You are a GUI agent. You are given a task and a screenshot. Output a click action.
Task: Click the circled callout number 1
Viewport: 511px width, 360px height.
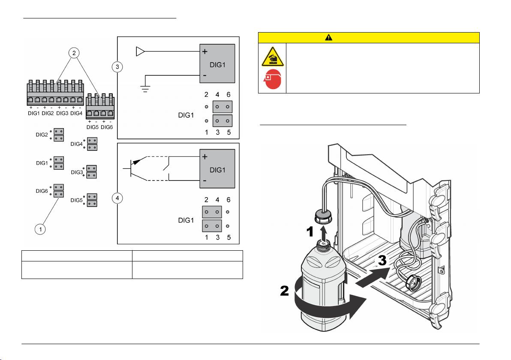click(40, 229)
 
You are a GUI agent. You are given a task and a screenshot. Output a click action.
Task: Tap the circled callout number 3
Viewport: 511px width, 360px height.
click(117, 67)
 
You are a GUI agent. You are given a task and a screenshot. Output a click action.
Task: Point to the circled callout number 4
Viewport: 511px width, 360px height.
click(117, 198)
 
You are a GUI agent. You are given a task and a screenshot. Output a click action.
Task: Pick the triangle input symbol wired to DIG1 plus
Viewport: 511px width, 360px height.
click(140, 52)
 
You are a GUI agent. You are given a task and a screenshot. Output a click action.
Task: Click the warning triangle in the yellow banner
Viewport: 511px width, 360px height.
click(328, 37)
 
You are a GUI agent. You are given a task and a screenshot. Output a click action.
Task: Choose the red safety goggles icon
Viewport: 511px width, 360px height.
click(272, 80)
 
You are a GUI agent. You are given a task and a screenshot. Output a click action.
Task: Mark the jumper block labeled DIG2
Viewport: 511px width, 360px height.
click(59, 135)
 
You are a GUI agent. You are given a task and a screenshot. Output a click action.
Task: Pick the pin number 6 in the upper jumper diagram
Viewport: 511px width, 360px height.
click(229, 94)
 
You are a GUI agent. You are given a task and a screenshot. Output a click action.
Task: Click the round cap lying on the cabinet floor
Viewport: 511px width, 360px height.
click(413, 283)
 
